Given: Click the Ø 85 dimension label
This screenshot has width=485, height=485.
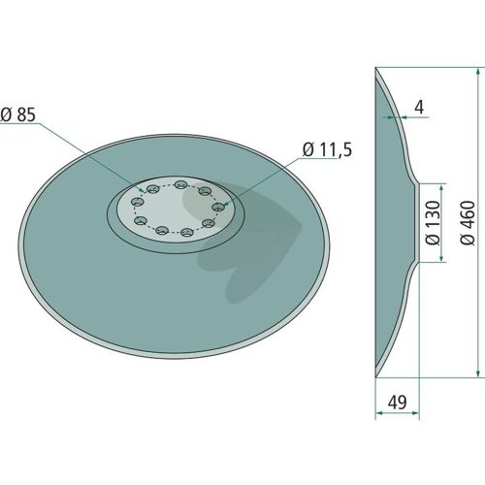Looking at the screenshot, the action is click(17, 114).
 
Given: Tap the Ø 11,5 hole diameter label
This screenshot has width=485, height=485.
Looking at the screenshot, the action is click(327, 149).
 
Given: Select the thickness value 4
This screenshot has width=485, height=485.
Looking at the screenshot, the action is click(419, 107).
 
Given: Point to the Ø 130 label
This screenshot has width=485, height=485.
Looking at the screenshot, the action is click(433, 222).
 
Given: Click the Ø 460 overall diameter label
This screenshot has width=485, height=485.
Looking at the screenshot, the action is click(468, 222).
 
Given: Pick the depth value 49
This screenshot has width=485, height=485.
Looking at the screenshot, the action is click(397, 403).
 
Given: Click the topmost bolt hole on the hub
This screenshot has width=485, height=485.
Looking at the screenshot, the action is click(180, 184).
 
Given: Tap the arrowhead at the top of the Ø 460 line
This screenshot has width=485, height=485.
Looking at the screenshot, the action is click(478, 72).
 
